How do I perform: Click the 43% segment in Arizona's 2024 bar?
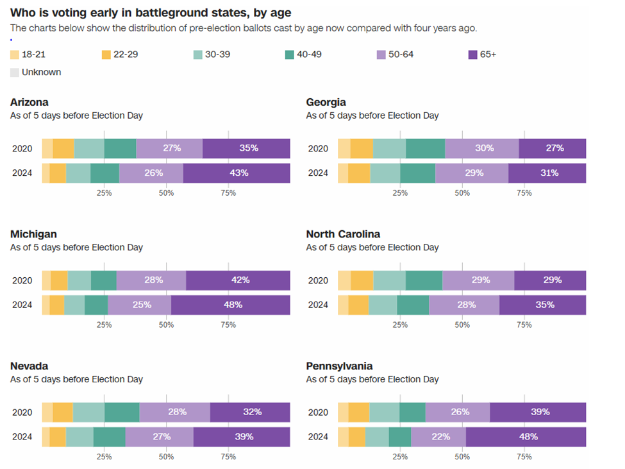(x=237, y=173)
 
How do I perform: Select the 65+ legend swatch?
(x=474, y=55)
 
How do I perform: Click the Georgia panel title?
(x=326, y=102)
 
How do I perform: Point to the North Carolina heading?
(x=343, y=234)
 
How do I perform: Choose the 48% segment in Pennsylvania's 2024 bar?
(x=526, y=437)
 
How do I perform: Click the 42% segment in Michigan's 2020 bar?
(x=238, y=280)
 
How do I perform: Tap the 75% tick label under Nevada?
(x=228, y=457)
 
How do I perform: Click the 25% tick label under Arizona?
(x=104, y=193)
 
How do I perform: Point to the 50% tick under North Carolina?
(x=462, y=325)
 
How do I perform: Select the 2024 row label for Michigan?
(x=22, y=305)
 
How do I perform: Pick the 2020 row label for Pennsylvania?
(x=318, y=412)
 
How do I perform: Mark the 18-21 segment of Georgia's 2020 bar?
(x=344, y=148)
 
